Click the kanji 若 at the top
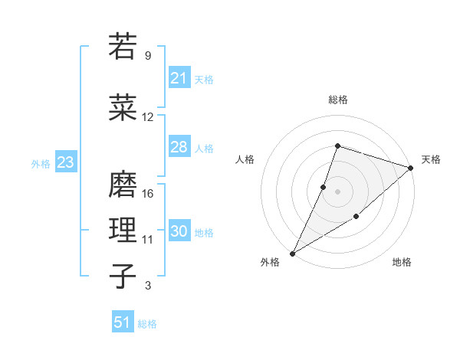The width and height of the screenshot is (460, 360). (123, 46)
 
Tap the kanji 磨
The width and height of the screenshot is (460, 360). (123, 184)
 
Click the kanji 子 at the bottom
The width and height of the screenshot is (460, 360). (123, 276)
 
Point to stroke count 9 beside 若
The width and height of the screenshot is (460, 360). (147, 56)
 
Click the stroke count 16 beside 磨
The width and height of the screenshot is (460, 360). (149, 194)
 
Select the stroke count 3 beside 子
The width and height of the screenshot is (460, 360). (147, 286)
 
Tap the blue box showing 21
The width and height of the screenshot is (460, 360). (179, 77)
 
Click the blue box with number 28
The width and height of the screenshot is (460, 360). (179, 147)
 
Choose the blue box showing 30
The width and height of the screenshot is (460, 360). (179, 231)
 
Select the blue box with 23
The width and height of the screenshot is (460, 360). (65, 162)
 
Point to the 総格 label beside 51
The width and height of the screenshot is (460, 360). (147, 324)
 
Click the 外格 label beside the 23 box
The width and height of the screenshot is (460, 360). (41, 163)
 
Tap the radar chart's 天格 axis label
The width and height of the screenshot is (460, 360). (431, 159)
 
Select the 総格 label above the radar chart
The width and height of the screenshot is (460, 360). (337, 100)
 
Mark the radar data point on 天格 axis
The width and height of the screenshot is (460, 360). (411, 168)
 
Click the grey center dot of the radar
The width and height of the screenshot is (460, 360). (337, 191)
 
